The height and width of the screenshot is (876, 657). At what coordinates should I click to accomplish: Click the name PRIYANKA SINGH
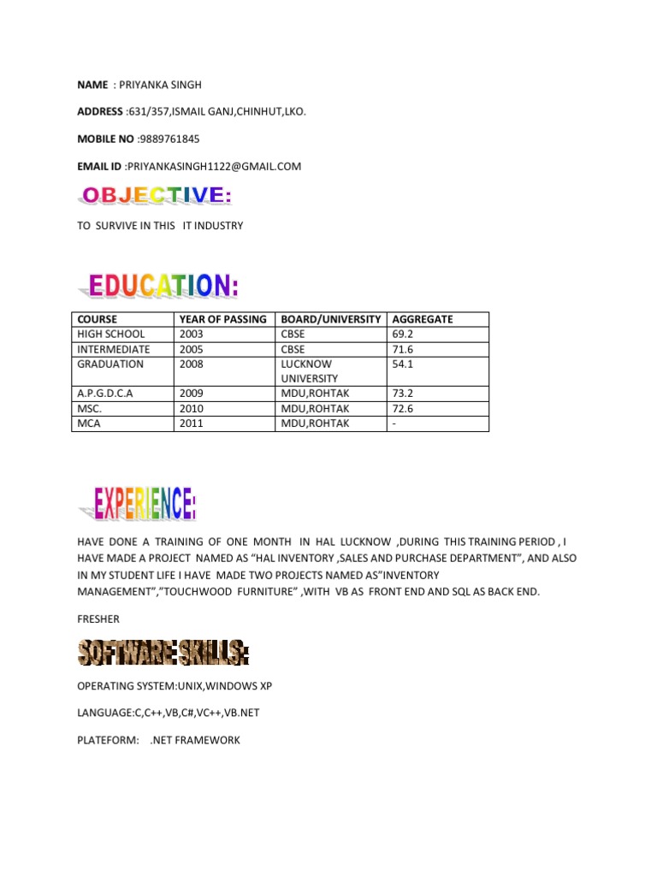pos(159,85)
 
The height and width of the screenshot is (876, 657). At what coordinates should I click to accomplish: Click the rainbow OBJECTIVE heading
pos(156,197)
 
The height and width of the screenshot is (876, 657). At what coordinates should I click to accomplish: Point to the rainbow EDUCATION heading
pos(163,286)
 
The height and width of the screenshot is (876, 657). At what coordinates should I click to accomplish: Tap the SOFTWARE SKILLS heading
pos(163,654)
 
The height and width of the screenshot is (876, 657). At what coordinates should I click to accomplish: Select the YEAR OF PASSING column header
pos(223,319)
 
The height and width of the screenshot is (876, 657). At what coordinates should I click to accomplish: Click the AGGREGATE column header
pos(423,319)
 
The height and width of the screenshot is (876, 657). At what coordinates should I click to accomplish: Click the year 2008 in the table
pos(192,364)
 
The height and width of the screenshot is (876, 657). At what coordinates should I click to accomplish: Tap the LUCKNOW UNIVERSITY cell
pos(309,370)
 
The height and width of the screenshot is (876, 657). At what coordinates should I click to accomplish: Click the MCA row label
pos(89,423)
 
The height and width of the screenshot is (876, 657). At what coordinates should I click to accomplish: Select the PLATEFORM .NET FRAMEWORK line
pos(158,740)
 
